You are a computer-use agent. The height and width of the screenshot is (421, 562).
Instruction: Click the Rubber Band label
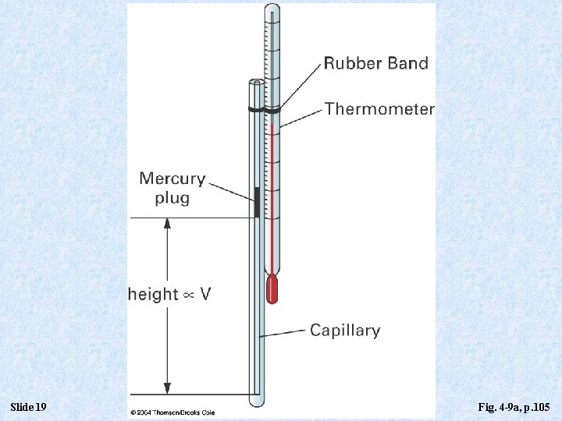pos(376,63)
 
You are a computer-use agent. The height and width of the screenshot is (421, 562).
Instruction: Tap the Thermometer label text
pos(379,108)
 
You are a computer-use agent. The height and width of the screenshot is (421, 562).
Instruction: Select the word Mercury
pos(173,179)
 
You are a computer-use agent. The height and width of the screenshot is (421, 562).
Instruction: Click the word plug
pos(172,198)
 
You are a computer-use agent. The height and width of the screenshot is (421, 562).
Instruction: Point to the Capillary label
pos(345,330)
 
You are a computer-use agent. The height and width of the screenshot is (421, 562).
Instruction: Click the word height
pos(153,294)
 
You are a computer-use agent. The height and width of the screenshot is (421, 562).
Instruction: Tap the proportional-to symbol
pos(189,295)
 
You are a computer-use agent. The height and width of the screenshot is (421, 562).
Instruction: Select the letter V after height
pos(205,294)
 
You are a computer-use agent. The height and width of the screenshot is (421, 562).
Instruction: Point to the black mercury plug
pos(257,202)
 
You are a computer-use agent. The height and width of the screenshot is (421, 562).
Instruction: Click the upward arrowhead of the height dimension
pos(166,224)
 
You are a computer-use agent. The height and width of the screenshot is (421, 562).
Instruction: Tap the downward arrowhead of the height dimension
pos(166,387)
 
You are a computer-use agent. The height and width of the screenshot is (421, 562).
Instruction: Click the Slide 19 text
pos(30,408)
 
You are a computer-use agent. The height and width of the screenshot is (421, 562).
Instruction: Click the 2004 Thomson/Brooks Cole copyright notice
pos(173,412)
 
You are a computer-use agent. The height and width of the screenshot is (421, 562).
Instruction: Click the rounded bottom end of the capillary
pos(258,402)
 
